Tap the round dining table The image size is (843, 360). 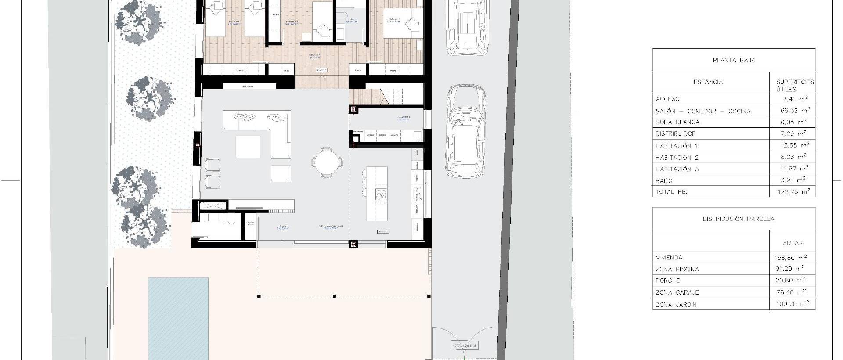326,162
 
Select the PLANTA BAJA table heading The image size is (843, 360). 734,60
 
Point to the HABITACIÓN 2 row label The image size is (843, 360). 677,157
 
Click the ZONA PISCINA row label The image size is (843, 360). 677,269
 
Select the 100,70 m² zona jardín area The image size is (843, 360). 792,304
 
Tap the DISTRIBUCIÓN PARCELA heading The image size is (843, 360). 738,219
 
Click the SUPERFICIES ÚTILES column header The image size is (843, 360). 795,85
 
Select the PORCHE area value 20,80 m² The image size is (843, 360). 792,280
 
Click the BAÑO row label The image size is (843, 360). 664,180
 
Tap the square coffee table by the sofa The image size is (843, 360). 248,147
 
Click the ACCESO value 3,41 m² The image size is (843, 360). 795,99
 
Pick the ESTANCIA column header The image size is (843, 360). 708,82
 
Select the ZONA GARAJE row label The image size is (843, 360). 677,292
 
